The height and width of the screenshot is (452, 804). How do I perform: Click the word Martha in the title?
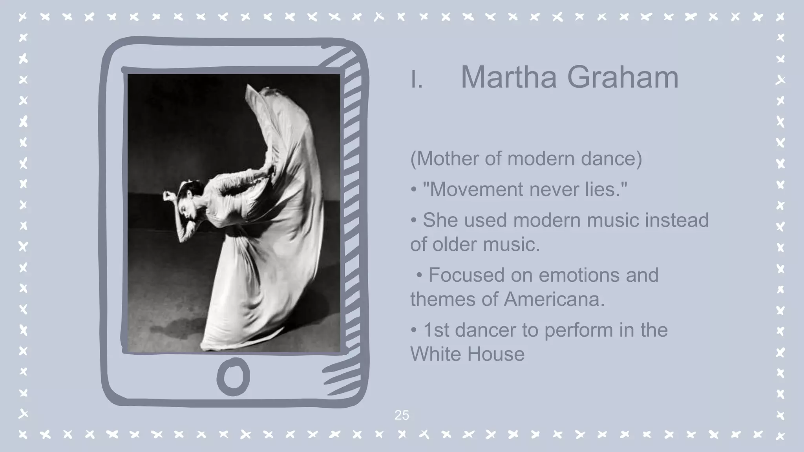509,77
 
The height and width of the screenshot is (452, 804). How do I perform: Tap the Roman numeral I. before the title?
417,80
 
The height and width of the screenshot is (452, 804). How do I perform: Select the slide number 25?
402,415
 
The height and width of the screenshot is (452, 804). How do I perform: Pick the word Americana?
554,299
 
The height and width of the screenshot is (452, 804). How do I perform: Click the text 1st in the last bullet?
436,330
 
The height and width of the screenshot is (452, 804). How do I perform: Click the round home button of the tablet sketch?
233,376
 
